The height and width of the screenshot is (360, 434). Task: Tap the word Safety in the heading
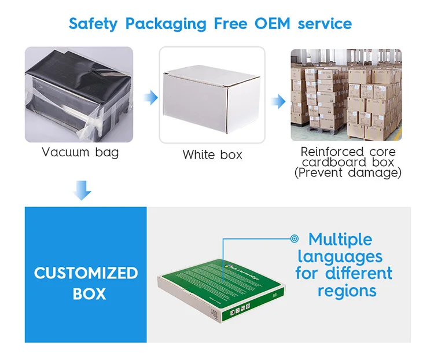point(94,24)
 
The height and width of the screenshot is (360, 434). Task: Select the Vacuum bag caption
point(80,152)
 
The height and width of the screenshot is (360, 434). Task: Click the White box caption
point(212,155)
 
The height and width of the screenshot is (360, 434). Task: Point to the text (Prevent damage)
point(348,172)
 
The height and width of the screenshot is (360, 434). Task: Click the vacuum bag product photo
point(79,95)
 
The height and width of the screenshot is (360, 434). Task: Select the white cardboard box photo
point(212,95)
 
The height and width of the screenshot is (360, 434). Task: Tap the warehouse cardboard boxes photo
point(346,95)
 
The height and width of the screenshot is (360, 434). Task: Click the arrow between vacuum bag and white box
point(150,97)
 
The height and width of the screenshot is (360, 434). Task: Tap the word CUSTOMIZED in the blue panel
point(86,273)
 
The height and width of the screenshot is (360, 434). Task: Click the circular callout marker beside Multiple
point(294,238)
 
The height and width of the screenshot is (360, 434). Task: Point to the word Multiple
point(340,239)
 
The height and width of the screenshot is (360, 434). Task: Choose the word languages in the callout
point(340,256)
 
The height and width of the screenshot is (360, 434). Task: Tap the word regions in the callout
point(347,290)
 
